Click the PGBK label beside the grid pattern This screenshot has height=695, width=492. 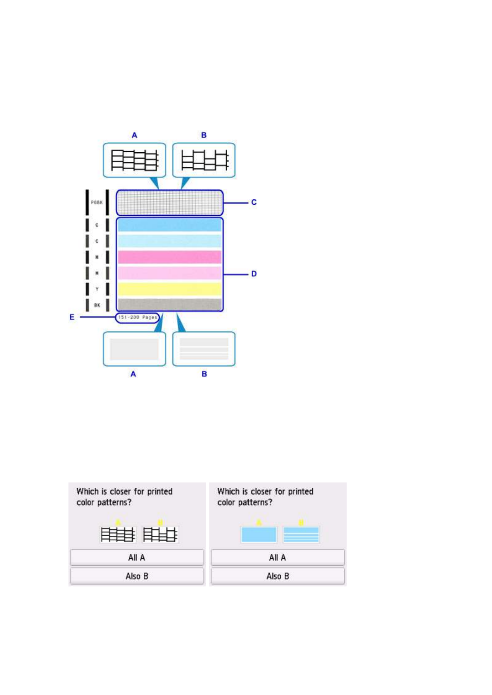tap(97, 203)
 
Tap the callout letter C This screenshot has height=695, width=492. tap(254, 202)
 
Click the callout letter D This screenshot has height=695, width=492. tap(254, 274)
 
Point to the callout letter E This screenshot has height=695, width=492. tap(72, 317)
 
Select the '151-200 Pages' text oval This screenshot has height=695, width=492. tap(137, 317)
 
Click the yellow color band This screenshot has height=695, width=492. tap(169, 289)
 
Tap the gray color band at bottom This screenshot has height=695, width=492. tap(169, 305)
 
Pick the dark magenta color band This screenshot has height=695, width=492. tap(169, 257)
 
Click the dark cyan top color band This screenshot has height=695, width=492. tap(169, 225)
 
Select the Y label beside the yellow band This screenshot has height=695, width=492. tap(97, 289)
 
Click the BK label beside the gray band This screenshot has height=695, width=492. tap(97, 305)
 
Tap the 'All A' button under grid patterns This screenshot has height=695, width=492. tap(137, 558)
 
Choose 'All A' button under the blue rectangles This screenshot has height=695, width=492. tap(278, 558)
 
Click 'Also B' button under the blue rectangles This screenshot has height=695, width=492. tap(278, 576)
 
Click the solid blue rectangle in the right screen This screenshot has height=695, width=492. tap(259, 534)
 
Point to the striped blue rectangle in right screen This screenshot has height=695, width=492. tap(301, 534)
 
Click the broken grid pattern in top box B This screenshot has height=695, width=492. tap(204, 160)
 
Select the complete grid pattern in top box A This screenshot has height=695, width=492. tap(134, 160)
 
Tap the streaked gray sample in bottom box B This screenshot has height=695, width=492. tap(204, 349)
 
